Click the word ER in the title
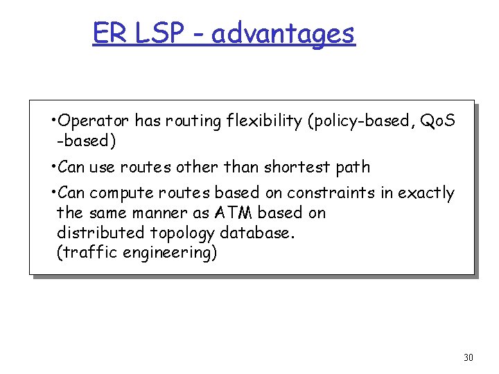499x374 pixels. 107,33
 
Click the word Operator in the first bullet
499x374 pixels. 94,121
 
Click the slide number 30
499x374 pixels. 469,357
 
